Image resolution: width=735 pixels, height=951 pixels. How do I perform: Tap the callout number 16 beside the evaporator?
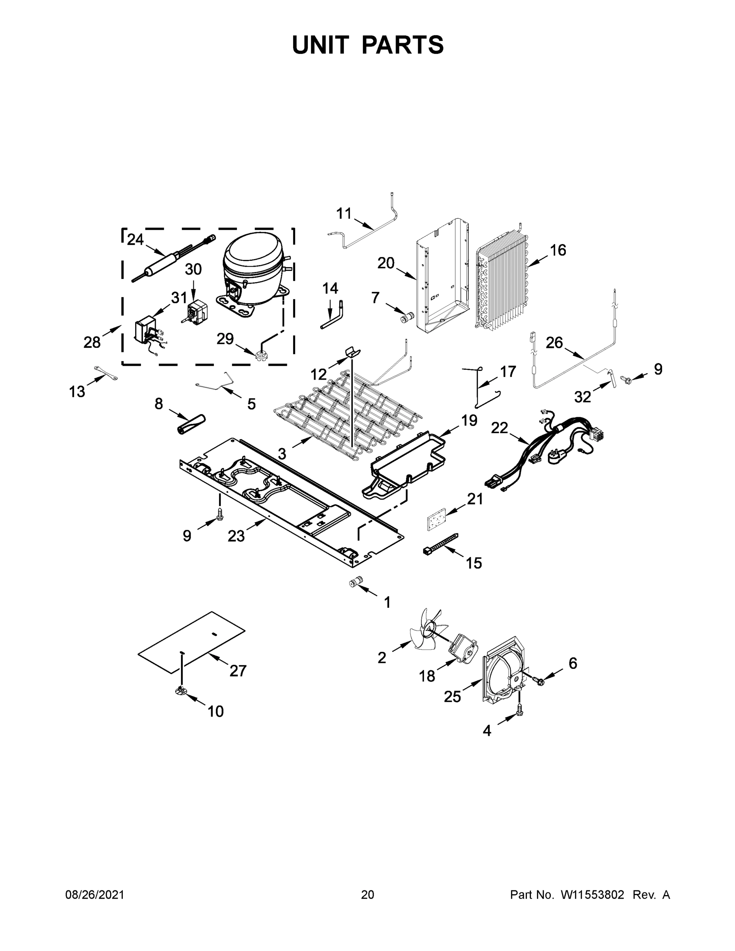[x=558, y=250]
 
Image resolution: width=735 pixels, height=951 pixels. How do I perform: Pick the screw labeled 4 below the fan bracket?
[x=519, y=711]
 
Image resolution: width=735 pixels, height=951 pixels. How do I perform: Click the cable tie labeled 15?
[x=440, y=543]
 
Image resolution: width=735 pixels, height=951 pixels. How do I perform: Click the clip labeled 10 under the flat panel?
[x=181, y=689]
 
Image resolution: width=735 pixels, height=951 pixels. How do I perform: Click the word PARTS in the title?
[x=402, y=45]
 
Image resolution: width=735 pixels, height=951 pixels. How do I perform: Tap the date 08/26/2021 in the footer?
[x=95, y=894]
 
